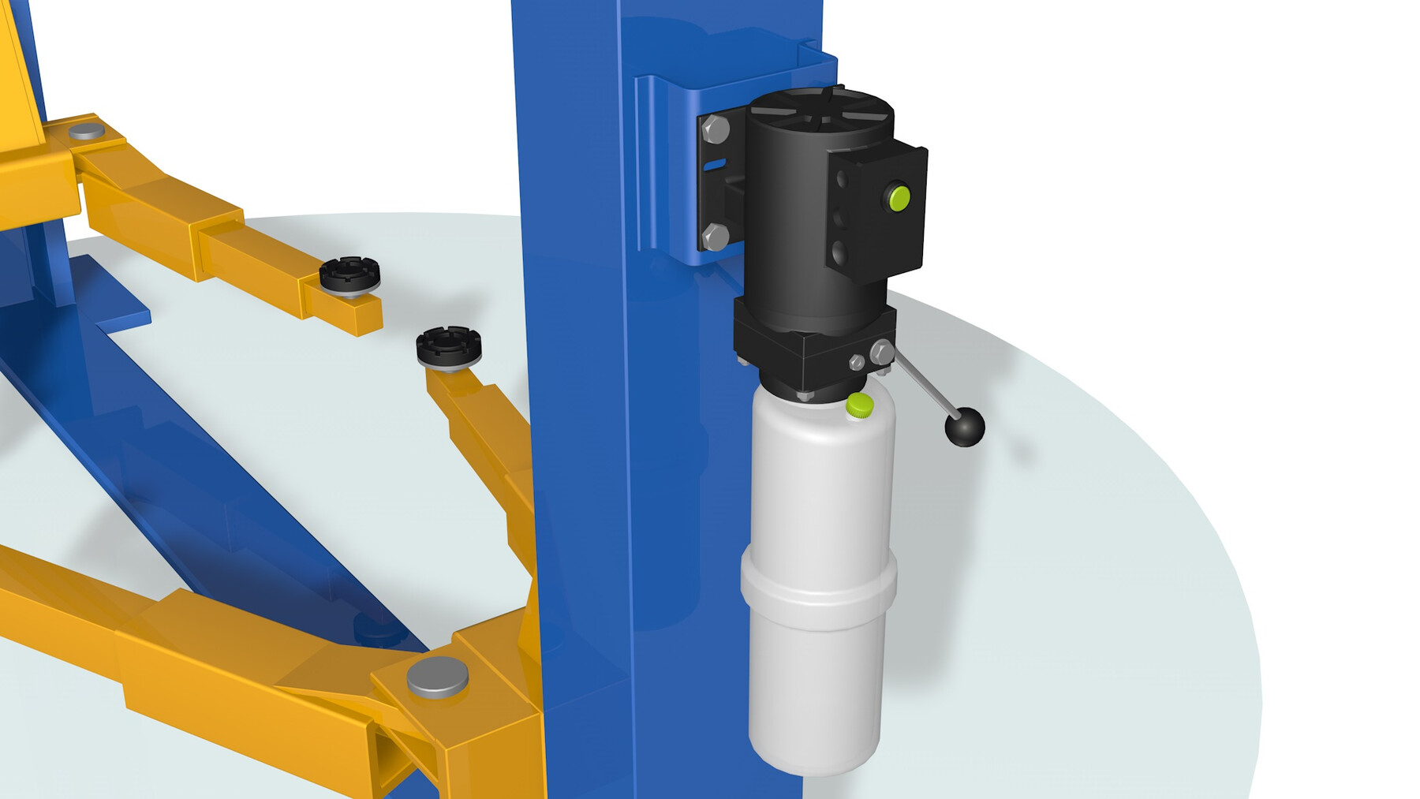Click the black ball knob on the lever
pos(965,427)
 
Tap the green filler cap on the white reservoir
pos(859,405)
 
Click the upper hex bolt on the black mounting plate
pos(716,129)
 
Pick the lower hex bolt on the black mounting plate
pos(715,236)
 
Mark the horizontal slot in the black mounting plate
pos(715,165)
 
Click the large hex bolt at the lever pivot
pos(881,352)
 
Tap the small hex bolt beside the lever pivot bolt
pos(857,362)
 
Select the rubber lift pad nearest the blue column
pos(449,346)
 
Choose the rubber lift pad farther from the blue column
pos(349,275)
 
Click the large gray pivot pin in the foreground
pos(437,677)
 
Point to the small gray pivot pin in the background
pos(87,130)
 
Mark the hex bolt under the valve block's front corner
pos(805,394)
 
